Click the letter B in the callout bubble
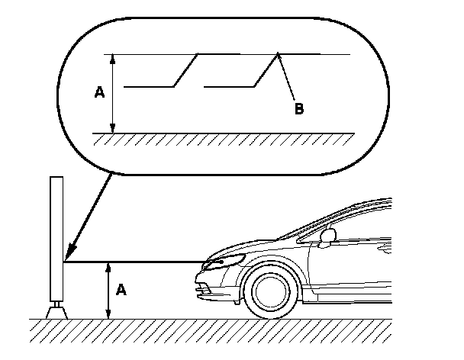[x=299, y=109]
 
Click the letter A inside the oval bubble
[x=98, y=92]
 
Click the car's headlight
[x=221, y=262]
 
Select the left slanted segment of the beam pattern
[x=188, y=70]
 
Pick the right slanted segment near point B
[x=267, y=70]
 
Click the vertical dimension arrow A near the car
[x=109, y=290]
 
